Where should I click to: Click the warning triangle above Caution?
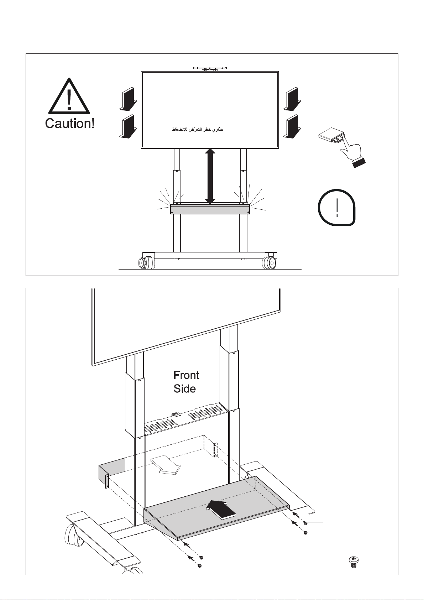tap(69, 96)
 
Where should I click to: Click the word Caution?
tap(70, 124)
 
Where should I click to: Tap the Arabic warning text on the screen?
tap(197, 130)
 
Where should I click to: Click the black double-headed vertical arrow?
tap(210, 176)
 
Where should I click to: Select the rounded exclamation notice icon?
tap(336, 207)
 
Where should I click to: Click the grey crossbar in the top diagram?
tap(210, 209)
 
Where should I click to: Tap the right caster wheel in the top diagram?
tap(269, 263)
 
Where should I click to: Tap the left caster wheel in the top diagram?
tap(146, 263)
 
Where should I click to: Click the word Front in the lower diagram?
tap(186, 375)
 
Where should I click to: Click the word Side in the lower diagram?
tap(184, 388)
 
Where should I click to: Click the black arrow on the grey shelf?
tap(221, 510)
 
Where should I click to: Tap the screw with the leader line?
tap(305, 523)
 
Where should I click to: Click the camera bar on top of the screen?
tap(210, 69)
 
